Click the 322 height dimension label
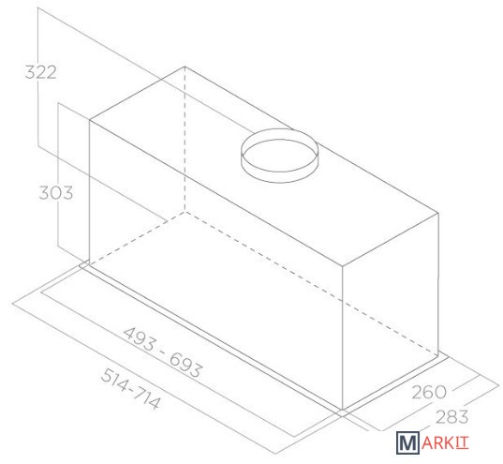[40, 72]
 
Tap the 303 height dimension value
[56, 193]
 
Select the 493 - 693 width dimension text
[163, 352]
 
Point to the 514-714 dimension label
[130, 388]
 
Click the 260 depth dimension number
[429, 392]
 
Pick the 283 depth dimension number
[452, 417]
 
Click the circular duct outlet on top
[279, 156]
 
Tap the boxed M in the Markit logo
[407, 442]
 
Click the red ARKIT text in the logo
[445, 443]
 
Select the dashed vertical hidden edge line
[185, 139]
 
